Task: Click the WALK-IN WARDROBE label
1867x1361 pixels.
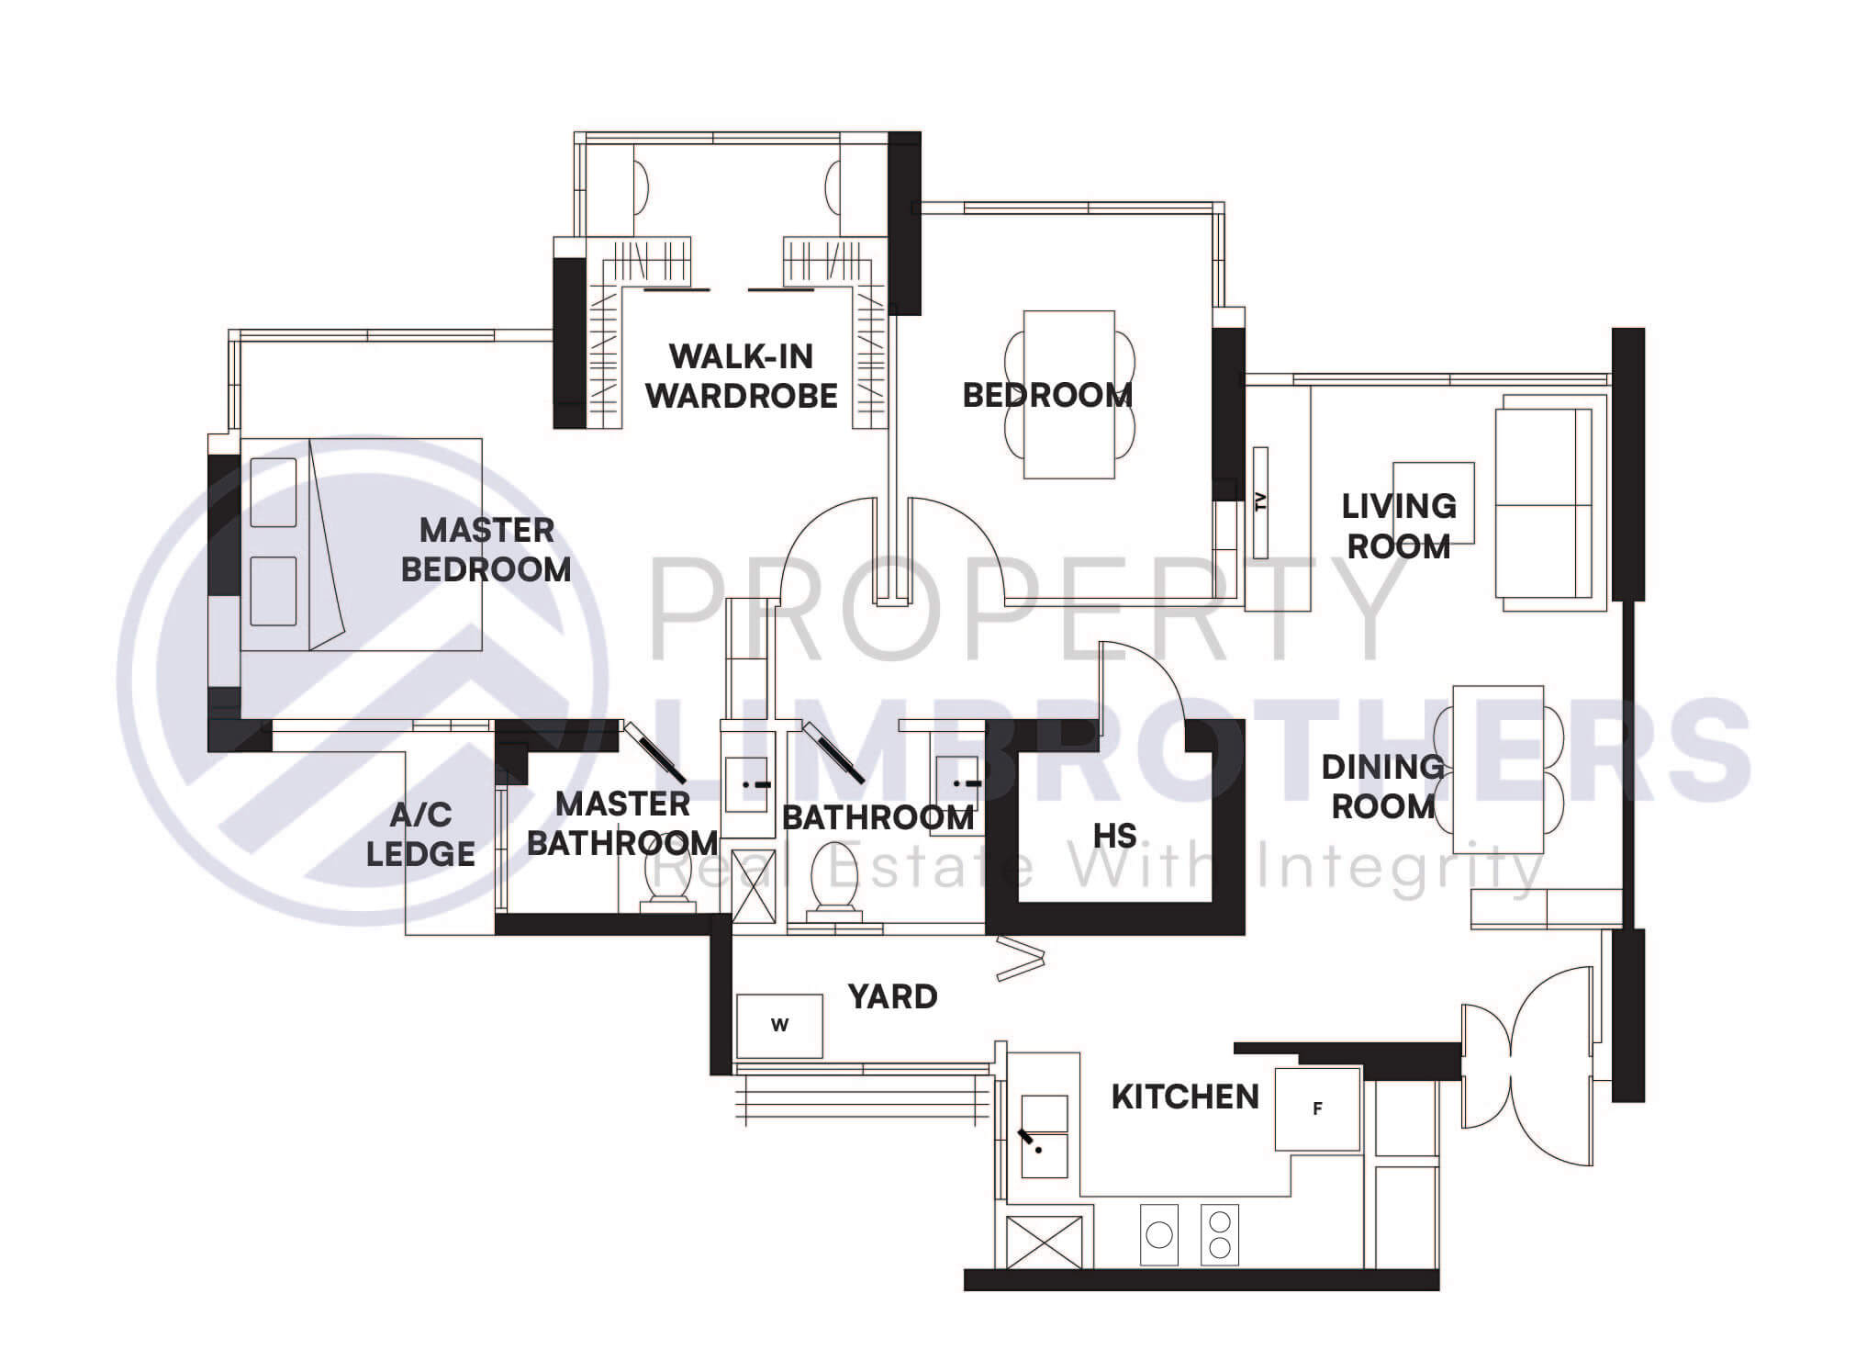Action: tap(742, 377)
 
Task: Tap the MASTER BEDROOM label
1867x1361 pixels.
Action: tap(486, 550)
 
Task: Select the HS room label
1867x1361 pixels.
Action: tap(1115, 837)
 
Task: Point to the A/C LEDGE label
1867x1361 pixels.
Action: tap(421, 835)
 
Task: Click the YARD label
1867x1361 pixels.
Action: tap(892, 996)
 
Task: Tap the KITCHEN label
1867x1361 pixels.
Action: tap(1185, 1097)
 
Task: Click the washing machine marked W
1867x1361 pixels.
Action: tap(779, 1026)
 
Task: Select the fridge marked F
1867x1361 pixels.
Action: tap(1317, 1109)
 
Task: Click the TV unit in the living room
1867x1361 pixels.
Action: tap(1260, 502)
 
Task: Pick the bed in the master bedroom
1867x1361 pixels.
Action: tap(362, 545)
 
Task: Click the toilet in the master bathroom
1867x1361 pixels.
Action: tap(661, 882)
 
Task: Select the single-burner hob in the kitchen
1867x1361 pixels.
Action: tap(1159, 1235)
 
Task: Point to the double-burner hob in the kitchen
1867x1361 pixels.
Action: tap(1220, 1235)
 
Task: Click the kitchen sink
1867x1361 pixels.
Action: tap(1045, 1137)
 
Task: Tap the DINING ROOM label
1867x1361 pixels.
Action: tap(1382, 787)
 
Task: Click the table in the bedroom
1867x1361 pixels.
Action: tap(1069, 395)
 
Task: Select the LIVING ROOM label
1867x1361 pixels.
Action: tap(1399, 526)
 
